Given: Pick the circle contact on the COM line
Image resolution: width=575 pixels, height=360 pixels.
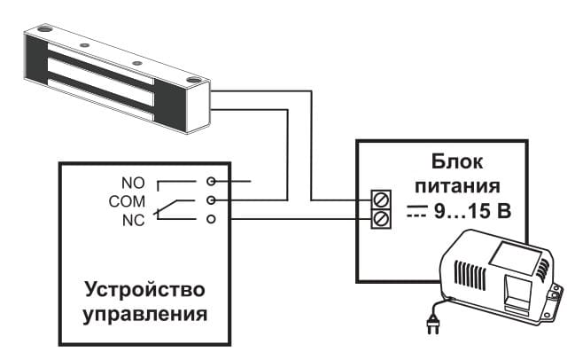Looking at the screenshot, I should tap(211, 201).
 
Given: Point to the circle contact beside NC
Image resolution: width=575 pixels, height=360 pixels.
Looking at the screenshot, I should tap(211, 219).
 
